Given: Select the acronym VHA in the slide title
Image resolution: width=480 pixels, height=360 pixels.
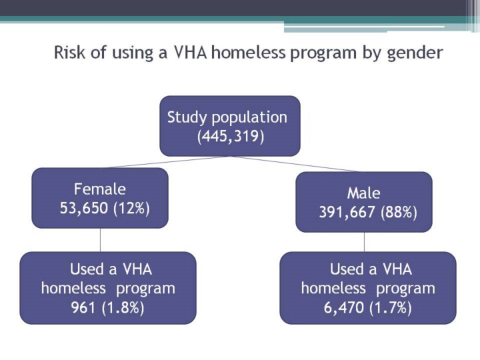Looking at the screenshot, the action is click(190, 53).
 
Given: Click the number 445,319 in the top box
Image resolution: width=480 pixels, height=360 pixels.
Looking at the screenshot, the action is click(230, 136).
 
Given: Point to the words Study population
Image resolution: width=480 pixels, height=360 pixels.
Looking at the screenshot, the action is click(227, 118).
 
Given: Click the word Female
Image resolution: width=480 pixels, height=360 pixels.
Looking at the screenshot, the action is click(100, 189).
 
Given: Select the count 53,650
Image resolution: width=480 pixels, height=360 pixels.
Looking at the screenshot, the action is click(84, 208).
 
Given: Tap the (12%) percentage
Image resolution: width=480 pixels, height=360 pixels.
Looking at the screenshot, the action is click(131, 209).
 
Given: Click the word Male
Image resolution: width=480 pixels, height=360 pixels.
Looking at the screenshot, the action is click(364, 193).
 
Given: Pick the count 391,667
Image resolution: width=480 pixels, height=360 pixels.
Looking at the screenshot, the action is click(347, 212).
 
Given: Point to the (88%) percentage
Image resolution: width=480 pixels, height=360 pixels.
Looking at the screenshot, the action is click(399, 212).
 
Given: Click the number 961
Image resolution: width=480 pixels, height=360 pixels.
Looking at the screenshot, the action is click(83, 307).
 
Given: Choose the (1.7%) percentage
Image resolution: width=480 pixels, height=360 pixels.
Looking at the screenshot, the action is click(391, 307).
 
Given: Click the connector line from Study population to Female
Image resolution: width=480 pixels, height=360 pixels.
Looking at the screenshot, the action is click(165, 162).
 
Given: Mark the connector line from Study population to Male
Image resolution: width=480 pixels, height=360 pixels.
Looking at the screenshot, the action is click(296, 164).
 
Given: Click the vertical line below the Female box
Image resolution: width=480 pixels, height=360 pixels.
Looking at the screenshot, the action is click(100, 240).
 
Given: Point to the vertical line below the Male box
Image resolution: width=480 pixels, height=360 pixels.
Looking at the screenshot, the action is click(364, 242).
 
